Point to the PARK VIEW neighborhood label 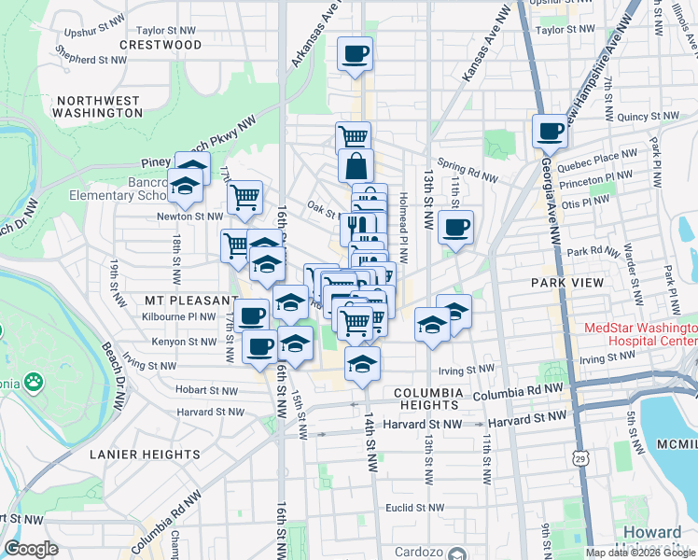point(563,282)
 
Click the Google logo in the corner point(32,549)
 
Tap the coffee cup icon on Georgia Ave point(551,130)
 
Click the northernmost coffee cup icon point(355,53)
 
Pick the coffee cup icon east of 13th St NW point(455,227)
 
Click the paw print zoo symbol point(35,381)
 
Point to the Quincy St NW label point(651,117)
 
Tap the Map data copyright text point(639,552)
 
